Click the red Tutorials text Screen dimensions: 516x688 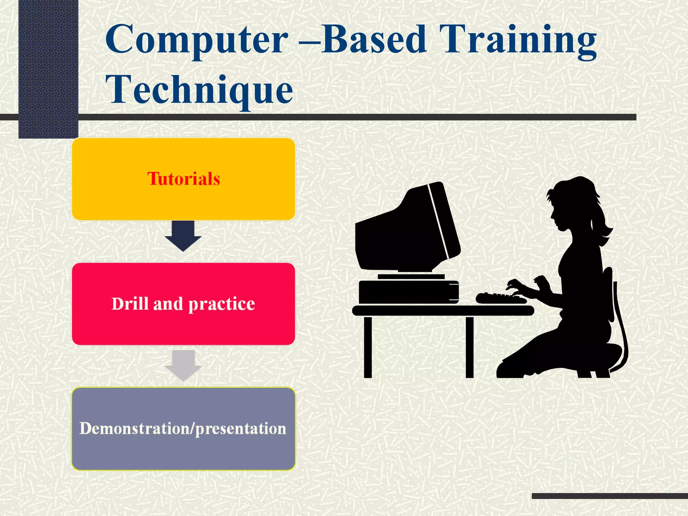point(183,179)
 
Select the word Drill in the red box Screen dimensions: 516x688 point(130,303)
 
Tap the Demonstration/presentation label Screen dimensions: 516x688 point(183,429)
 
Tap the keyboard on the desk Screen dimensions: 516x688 point(501,298)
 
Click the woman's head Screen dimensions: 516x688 point(571,205)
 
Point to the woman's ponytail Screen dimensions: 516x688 point(603,225)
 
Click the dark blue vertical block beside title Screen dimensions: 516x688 point(48,67)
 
